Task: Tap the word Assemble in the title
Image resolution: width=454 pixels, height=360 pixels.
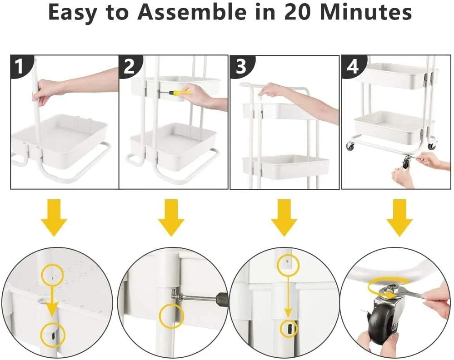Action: tap(192, 12)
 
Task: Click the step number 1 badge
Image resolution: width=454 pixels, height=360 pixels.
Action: tap(20, 66)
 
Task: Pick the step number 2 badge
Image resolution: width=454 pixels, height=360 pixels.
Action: tap(129, 66)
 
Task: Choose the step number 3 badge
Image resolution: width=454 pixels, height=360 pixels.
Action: tap(241, 66)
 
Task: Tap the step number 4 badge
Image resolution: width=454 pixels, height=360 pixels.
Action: tap(352, 66)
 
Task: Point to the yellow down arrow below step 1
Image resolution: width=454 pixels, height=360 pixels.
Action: tap(54, 218)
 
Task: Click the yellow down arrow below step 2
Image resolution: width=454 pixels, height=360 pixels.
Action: tap(171, 218)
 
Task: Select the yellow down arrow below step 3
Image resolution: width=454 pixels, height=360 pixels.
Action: tap(284, 218)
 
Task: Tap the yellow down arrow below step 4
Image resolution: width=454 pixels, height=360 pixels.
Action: tap(399, 218)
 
